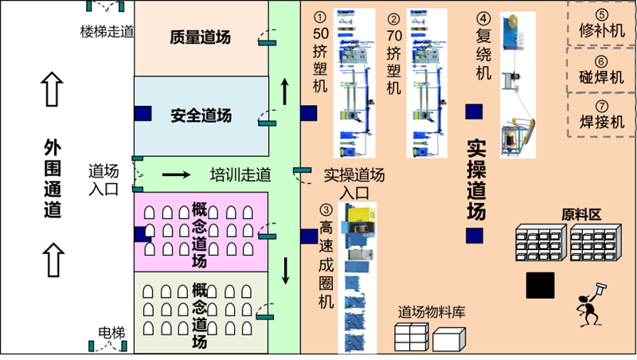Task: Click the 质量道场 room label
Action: pyautogui.click(x=201, y=37)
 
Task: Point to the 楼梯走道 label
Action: pyautogui.click(x=106, y=31)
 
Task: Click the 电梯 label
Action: pyautogui.click(x=111, y=331)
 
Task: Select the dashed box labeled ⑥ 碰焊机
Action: pyautogui.click(x=601, y=70)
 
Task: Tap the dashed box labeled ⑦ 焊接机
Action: pyautogui.click(x=601, y=115)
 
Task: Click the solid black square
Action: pyautogui.click(x=541, y=285)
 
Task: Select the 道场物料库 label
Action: pyautogui.click(x=431, y=312)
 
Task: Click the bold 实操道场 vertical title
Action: pyautogui.click(x=475, y=181)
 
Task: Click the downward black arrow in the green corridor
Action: pyautogui.click(x=285, y=271)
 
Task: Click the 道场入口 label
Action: pyautogui.click(x=103, y=179)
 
